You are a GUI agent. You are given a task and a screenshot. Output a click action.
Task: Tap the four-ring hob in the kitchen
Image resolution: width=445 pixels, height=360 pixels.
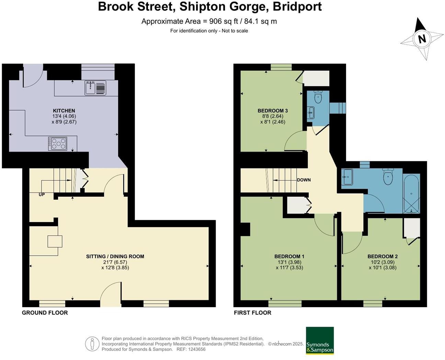tap(58, 143)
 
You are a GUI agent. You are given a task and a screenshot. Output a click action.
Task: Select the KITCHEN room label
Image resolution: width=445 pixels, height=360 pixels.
tap(64, 111)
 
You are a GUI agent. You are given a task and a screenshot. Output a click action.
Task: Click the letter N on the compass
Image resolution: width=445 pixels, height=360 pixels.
tap(422, 39)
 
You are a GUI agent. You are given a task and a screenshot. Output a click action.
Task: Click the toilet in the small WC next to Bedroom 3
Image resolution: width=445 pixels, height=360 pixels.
tap(318, 97)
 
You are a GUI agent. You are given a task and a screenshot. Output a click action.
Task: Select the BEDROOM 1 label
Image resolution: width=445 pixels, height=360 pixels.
tap(289, 256)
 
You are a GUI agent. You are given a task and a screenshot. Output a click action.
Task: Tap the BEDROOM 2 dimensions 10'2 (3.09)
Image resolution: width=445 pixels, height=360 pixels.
tap(383, 262)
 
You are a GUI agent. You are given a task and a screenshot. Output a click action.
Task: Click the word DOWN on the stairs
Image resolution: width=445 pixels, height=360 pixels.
tap(304, 180)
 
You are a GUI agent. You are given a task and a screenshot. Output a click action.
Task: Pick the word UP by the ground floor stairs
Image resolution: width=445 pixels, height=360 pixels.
tap(42, 195)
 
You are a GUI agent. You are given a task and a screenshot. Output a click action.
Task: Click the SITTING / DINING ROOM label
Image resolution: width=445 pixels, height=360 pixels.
tap(115, 256)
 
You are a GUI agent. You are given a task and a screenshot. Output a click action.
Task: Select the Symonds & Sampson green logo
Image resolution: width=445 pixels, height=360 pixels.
tap(320, 340)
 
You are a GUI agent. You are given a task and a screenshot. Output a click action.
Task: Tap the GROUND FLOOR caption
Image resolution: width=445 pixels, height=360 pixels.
tap(45, 313)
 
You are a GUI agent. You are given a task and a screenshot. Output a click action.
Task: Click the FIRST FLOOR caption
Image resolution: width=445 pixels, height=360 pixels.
tap(252, 313)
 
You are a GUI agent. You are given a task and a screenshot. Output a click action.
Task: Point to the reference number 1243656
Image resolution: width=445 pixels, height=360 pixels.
tap(196, 349)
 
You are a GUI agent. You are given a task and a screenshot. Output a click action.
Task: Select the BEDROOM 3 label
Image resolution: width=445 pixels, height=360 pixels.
tap(273, 111)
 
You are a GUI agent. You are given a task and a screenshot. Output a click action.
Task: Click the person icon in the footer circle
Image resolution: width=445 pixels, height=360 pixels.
tap(92, 344)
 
